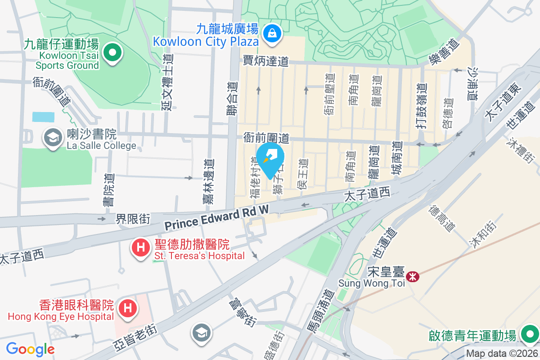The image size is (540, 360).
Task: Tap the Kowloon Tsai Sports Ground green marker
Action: pos(112,53)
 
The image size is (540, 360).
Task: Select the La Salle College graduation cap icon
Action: pos(53,138)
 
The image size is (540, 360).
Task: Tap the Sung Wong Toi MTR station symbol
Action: pos(412,276)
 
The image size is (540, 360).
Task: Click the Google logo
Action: pos(30,349)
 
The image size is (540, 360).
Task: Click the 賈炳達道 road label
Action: pos(265,61)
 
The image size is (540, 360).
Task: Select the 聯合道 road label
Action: pos(232,102)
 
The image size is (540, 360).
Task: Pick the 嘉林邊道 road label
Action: pos(208,181)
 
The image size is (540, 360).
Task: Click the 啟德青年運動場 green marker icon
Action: pos(529,334)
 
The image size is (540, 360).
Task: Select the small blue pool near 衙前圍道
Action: pos(43,117)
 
